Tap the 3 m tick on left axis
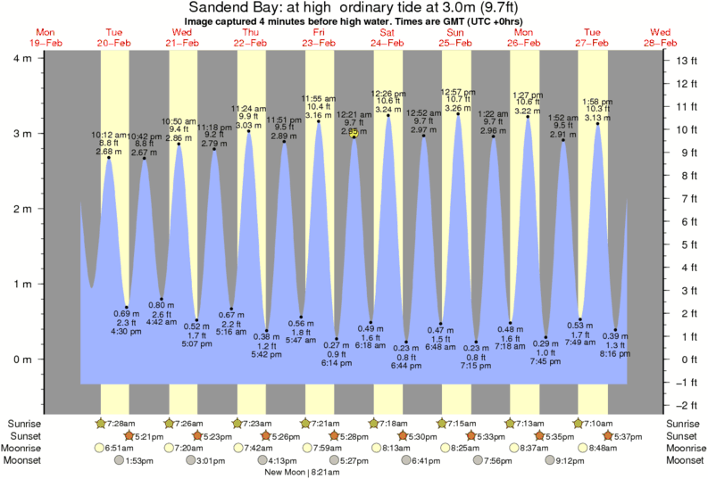pos(20,134)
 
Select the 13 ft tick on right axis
pos(687,61)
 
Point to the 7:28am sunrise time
pos(121,423)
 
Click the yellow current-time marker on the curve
pos(354,132)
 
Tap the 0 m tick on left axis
pos(20,359)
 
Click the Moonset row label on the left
pos(24,460)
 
